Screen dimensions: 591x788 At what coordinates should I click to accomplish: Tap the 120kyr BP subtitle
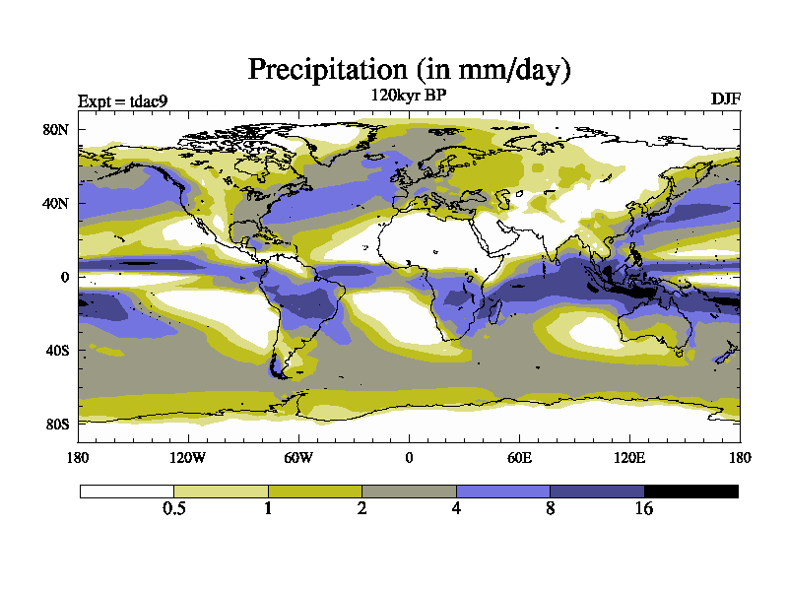tap(409, 96)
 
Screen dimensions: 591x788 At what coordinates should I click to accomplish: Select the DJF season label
tap(725, 99)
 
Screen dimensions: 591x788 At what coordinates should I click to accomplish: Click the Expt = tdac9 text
tap(128, 100)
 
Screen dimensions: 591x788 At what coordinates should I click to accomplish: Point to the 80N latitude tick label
tap(55, 130)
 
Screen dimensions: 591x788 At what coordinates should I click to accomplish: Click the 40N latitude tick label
tap(55, 204)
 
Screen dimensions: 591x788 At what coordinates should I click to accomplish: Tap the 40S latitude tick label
tap(56, 351)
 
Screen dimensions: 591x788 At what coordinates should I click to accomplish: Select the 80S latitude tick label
tap(56, 424)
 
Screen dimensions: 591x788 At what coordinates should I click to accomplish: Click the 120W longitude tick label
tap(188, 457)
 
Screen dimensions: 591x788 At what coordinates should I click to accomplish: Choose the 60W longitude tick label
tap(298, 457)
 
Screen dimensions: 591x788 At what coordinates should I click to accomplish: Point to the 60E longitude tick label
tap(519, 457)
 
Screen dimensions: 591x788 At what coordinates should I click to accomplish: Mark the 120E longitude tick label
tap(629, 457)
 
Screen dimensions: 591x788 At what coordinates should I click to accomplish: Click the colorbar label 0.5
tap(173, 509)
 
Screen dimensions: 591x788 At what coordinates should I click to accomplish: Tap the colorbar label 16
tap(643, 509)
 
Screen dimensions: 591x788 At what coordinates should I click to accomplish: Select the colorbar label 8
tap(550, 509)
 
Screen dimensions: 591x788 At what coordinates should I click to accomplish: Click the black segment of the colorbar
tap(690, 491)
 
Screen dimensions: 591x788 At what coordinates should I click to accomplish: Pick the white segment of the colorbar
tap(126, 491)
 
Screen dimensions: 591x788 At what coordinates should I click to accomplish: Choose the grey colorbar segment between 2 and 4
tap(409, 491)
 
